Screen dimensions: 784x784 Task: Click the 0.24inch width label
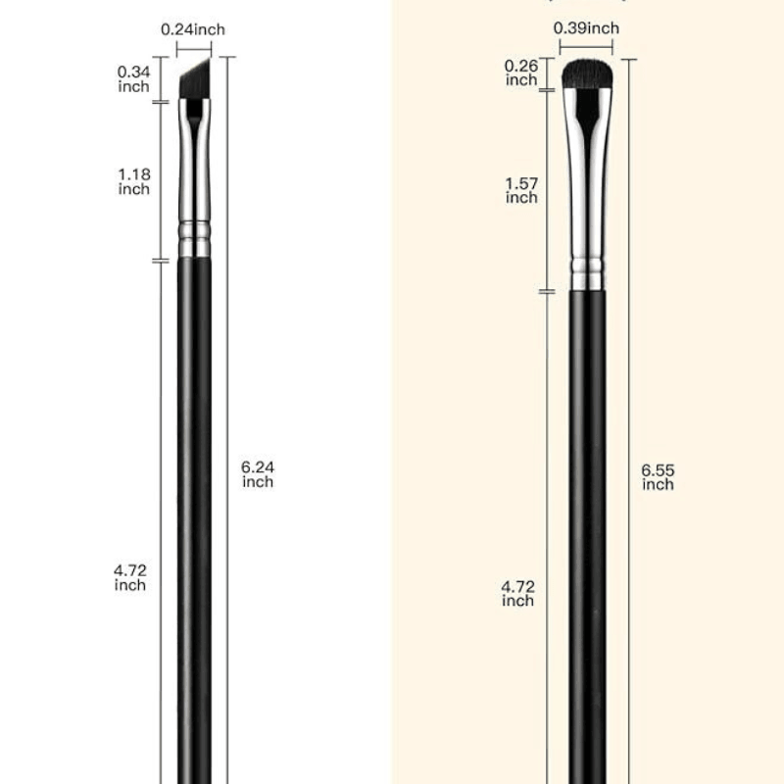[193, 29]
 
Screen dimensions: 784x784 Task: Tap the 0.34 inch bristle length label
[133, 79]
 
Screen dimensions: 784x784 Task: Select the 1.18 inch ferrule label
[133, 181]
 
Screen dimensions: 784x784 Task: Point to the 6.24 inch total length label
[258, 474]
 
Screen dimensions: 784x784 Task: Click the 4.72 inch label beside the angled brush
[130, 577]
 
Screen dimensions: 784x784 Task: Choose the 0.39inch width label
[586, 27]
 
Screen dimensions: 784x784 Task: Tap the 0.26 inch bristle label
[521, 73]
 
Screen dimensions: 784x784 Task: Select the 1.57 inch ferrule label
[521, 190]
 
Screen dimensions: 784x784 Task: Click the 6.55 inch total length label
[658, 477]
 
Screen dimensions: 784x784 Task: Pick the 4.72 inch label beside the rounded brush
[517, 593]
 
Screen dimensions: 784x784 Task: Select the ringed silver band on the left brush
[195, 238]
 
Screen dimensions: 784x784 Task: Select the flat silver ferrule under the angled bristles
[195, 157]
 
